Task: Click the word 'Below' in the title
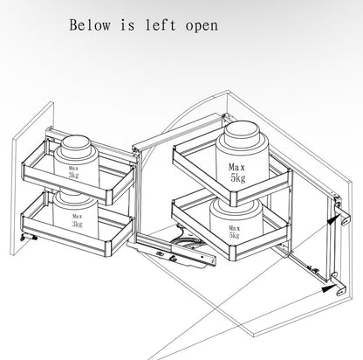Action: point(90,25)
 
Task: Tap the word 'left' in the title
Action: point(161,24)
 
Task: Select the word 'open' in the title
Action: point(202,26)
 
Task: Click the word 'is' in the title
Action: point(127,25)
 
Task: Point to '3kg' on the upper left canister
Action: point(73,175)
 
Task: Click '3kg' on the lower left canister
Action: point(78,224)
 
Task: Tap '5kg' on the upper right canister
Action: point(238,178)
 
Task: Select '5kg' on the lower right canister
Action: point(234,235)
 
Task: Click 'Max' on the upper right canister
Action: point(236,167)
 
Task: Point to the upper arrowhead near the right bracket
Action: point(333,219)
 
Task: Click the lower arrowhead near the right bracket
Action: point(329,288)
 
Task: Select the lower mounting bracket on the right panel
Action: point(339,285)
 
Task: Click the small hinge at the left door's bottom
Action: point(29,238)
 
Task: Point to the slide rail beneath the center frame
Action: point(176,250)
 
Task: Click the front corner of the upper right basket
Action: point(234,199)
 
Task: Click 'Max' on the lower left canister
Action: point(78,217)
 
